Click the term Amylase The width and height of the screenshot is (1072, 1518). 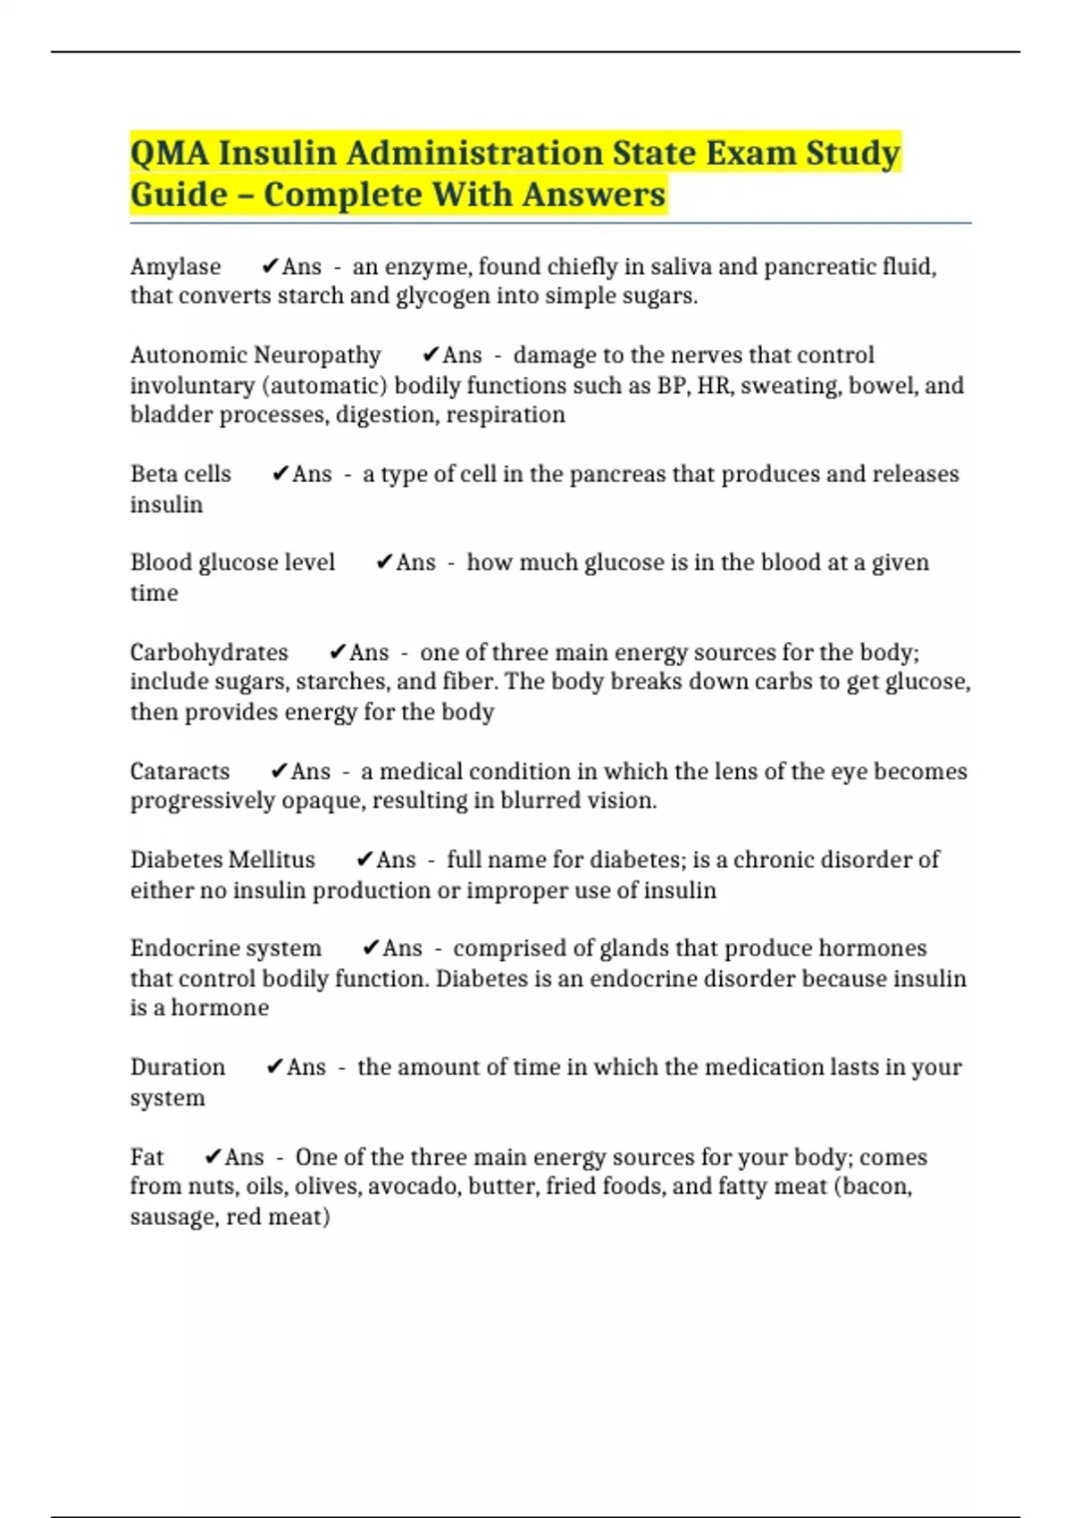point(175,267)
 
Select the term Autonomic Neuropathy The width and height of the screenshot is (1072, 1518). point(255,355)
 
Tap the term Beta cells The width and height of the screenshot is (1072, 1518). point(180,474)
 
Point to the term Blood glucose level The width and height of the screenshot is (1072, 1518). point(232,563)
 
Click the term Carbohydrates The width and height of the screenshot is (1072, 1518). point(209,653)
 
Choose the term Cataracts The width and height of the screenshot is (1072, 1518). point(180,772)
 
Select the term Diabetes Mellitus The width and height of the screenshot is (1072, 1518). point(222,860)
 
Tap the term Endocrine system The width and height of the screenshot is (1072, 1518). point(225,948)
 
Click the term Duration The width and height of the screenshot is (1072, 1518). point(178,1067)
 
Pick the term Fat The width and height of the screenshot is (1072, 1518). point(147,1157)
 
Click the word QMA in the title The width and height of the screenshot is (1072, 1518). point(170,153)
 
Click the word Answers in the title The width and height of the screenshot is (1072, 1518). point(594,195)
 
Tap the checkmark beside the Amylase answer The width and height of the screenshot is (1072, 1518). point(270,266)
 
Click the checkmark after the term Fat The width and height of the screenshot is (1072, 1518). point(213,1157)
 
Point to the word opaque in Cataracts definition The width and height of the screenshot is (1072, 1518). point(322,801)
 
